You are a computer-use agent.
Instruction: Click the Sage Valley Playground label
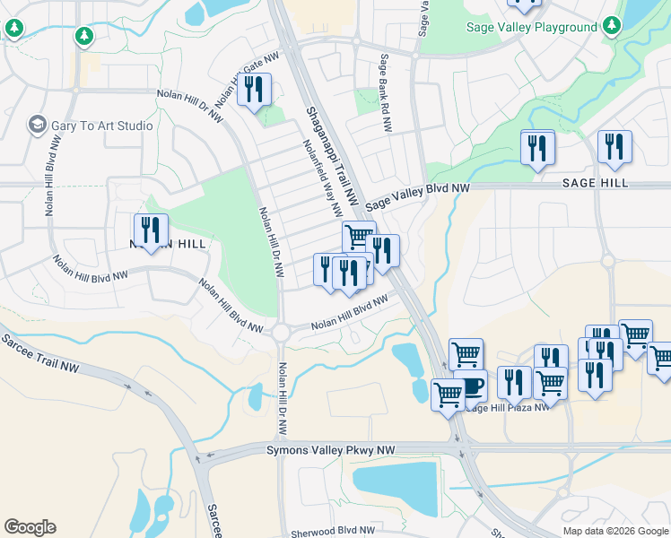532,27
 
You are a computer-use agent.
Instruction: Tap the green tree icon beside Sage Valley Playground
612,25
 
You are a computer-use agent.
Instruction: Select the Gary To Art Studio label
101,126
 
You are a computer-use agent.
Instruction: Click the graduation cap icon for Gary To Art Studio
38,124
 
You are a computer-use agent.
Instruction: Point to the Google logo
30,527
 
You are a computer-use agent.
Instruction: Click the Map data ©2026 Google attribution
614,531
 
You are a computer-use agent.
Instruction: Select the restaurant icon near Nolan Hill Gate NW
254,90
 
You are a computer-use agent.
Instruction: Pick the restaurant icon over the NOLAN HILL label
151,230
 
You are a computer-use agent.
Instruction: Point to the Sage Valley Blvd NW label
418,197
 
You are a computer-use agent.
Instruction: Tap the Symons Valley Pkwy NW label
331,449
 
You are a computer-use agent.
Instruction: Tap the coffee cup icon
472,386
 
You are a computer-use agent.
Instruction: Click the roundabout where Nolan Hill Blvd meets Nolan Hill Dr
282,332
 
